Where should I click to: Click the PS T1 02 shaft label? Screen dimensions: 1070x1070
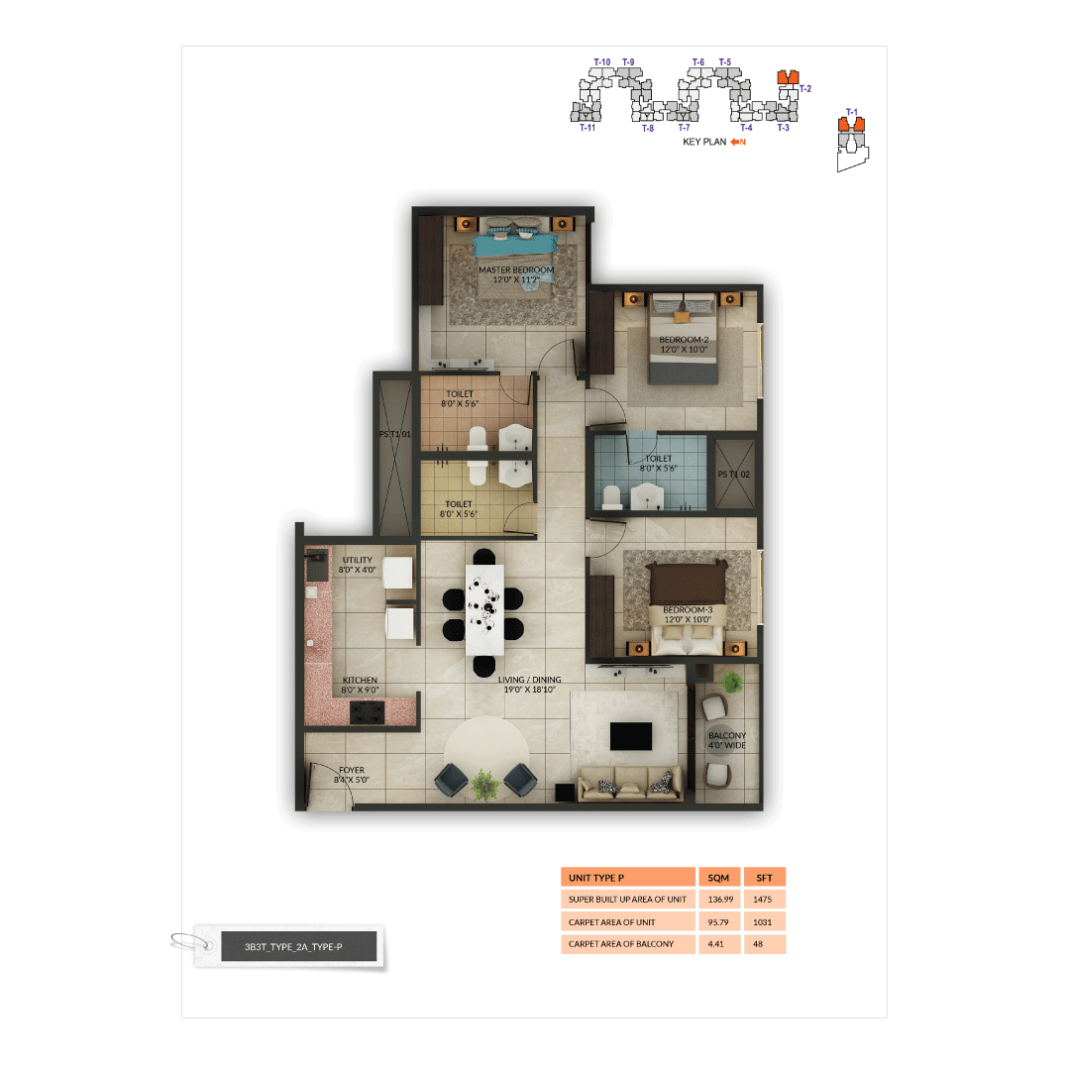(x=734, y=475)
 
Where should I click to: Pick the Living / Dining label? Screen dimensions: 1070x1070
(x=529, y=685)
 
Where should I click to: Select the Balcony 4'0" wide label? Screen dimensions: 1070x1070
(x=727, y=740)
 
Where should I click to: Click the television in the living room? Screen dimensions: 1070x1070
(x=630, y=735)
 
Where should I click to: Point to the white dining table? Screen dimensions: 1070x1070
(x=484, y=608)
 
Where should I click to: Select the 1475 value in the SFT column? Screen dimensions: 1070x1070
(x=765, y=900)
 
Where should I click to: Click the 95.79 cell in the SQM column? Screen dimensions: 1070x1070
(x=719, y=921)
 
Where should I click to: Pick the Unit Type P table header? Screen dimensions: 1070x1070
(x=627, y=877)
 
